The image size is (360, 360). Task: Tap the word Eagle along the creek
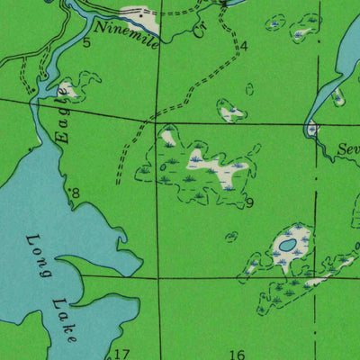click(62, 116)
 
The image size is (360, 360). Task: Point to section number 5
click(87, 42)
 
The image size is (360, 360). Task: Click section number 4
click(243, 45)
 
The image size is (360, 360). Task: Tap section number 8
click(76, 193)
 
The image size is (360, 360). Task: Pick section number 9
click(249, 203)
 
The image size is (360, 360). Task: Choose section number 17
click(121, 354)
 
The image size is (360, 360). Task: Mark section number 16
click(238, 355)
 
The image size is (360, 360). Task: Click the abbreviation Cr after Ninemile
click(198, 31)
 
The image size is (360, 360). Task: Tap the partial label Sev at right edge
click(348, 149)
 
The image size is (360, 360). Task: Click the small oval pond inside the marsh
click(287, 244)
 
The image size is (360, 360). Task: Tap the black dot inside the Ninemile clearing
click(137, 13)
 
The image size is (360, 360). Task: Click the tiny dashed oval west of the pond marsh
click(231, 237)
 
